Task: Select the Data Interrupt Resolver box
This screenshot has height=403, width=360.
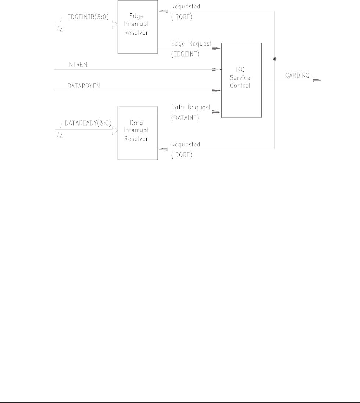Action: [137, 133]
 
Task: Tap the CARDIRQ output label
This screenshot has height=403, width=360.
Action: [297, 75]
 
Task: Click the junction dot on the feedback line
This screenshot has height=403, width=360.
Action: [275, 59]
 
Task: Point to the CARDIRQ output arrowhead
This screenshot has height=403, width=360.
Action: [318, 81]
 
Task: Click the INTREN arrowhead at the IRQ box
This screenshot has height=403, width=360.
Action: [216, 69]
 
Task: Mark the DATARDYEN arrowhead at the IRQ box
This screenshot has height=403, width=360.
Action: [216, 90]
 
